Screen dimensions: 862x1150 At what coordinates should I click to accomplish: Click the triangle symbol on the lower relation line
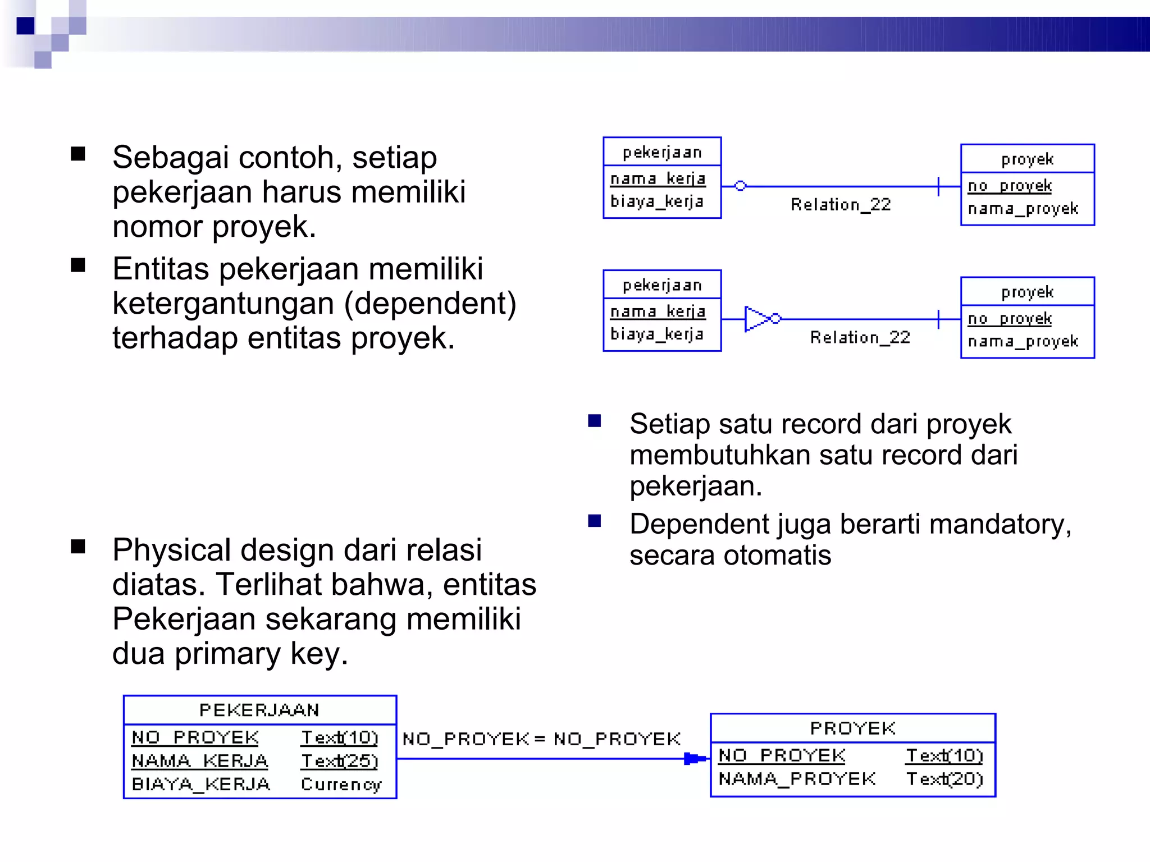756,319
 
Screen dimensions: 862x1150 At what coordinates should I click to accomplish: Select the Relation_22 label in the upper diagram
841,205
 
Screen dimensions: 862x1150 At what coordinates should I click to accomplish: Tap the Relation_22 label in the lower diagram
860,337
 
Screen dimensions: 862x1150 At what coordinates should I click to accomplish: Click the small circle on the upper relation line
740,186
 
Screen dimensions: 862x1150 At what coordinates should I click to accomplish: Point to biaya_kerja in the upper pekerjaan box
656,201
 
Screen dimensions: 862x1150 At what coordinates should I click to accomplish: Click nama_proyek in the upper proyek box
1023,209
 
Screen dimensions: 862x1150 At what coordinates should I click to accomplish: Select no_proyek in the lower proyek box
1009,319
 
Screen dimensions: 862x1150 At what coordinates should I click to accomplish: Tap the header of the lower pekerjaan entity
662,285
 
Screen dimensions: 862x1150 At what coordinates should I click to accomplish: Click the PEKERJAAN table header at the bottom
259,710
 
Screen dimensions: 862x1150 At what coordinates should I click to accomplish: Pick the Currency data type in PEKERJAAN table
341,784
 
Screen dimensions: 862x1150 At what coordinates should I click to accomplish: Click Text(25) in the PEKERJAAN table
339,761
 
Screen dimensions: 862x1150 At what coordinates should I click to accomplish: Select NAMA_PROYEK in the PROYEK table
797,779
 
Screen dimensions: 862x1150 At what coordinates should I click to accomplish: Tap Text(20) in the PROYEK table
944,779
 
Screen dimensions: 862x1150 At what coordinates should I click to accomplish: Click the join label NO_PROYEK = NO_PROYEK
541,739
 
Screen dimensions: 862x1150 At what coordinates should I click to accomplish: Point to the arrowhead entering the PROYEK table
694,759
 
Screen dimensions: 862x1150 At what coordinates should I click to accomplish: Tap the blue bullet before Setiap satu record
594,421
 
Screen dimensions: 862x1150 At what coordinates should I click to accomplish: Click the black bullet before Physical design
78,547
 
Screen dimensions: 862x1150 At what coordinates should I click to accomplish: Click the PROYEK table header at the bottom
852,728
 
